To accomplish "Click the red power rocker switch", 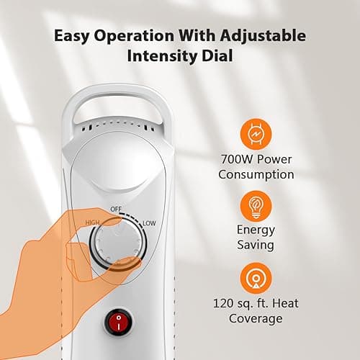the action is click(118, 322).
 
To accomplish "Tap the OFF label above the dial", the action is click(116, 210).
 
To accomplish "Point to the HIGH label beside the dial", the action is click(92, 222).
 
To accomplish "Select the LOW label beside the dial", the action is click(149, 223).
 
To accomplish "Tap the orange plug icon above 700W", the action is click(256, 134).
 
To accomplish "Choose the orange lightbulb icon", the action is click(256, 206).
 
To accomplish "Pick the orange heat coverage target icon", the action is click(256, 279).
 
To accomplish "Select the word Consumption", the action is click(256, 174).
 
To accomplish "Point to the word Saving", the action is click(256, 246).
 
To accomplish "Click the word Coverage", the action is click(256, 319).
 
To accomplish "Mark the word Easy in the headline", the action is click(71, 36).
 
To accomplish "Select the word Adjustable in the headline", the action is click(263, 36).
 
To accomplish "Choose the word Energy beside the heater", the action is click(256, 230).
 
